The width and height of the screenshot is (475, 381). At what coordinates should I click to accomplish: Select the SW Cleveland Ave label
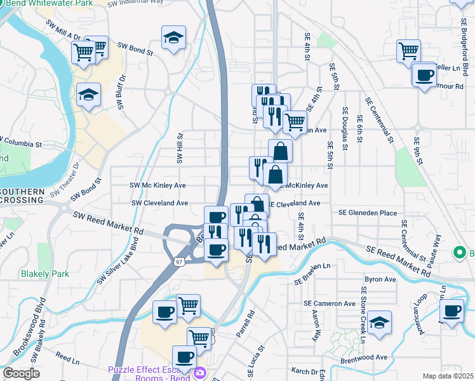pyautogui.click(x=159, y=203)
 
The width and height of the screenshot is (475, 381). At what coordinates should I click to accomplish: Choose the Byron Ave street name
pyautogui.click(x=380, y=279)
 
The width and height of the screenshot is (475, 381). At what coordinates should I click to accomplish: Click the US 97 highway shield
pyautogui.click(x=180, y=261)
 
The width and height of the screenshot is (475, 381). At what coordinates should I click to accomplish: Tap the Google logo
pyautogui.click(x=21, y=373)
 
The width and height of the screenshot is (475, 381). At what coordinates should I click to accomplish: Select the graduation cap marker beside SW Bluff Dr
pyautogui.click(x=89, y=95)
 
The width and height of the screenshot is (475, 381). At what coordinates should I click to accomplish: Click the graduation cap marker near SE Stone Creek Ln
pyautogui.click(x=379, y=322)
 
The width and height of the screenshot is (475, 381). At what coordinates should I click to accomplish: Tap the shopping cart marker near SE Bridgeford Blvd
pyautogui.click(x=409, y=50)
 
